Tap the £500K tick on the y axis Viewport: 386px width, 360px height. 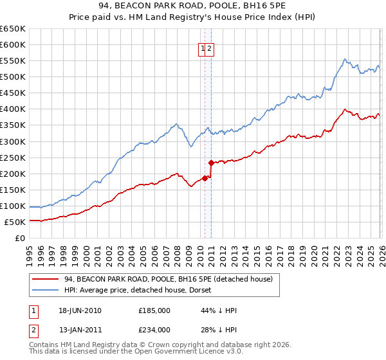coord(12,77)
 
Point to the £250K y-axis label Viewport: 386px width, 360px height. coord(12,157)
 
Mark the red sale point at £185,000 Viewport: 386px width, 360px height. coord(205,178)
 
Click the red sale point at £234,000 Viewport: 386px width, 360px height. coord(211,163)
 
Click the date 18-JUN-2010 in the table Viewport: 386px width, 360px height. coord(80,310)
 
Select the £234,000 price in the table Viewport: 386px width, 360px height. coord(154,329)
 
